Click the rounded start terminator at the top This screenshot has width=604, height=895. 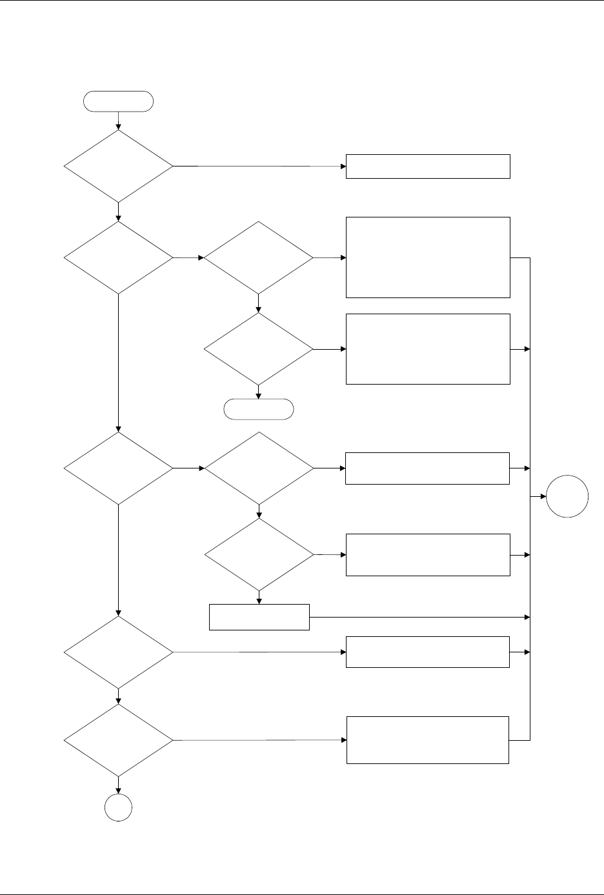coord(119,101)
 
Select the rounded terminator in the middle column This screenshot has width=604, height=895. coord(258,408)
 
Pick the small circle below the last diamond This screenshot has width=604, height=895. coord(119,809)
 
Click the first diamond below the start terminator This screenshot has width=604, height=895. coord(119,166)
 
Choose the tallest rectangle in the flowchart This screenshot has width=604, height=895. coord(428,257)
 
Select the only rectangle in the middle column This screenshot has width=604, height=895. coord(259,618)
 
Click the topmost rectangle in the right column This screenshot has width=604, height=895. coord(428,166)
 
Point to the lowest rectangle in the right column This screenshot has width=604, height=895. coord(428,739)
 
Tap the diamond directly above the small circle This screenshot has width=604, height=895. coord(119,740)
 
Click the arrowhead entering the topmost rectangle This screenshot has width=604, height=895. coord(343,166)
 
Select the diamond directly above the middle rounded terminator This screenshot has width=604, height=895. coord(259,350)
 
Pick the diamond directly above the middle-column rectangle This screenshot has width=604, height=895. coord(259,555)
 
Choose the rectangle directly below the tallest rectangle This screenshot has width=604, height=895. coord(428,349)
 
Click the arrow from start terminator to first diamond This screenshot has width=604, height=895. coord(119,119)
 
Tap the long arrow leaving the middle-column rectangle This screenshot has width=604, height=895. coord(419,618)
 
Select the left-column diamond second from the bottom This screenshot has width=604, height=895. coord(119,652)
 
